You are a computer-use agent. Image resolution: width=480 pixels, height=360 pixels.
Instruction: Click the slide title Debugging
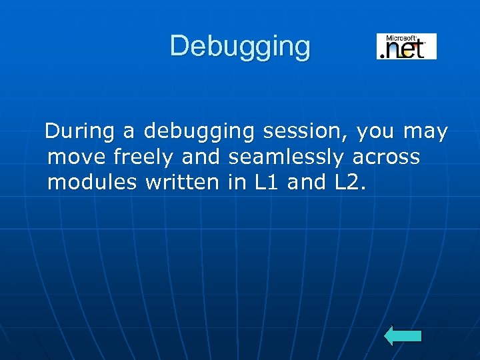click(x=240, y=47)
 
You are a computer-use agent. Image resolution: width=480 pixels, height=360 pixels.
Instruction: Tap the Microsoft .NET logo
click(x=406, y=47)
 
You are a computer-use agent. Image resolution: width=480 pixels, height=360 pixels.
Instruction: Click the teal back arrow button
click(x=403, y=336)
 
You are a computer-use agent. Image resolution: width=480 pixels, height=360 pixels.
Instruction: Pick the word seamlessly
click(x=285, y=157)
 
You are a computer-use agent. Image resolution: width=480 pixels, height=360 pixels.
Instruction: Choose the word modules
click(x=92, y=182)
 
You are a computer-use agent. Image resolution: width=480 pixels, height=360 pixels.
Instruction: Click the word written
click(x=181, y=182)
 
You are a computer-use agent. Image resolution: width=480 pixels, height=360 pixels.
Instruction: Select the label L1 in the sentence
click(x=267, y=182)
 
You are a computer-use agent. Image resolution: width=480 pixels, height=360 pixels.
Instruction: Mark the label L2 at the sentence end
click(x=349, y=182)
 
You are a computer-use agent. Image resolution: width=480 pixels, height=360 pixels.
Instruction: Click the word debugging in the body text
click(x=199, y=133)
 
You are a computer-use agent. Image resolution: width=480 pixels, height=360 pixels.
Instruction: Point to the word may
click(x=425, y=133)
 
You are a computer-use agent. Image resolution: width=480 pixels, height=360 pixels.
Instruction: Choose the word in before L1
click(x=237, y=182)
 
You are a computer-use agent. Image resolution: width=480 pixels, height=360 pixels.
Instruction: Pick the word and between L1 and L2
click(x=307, y=182)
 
